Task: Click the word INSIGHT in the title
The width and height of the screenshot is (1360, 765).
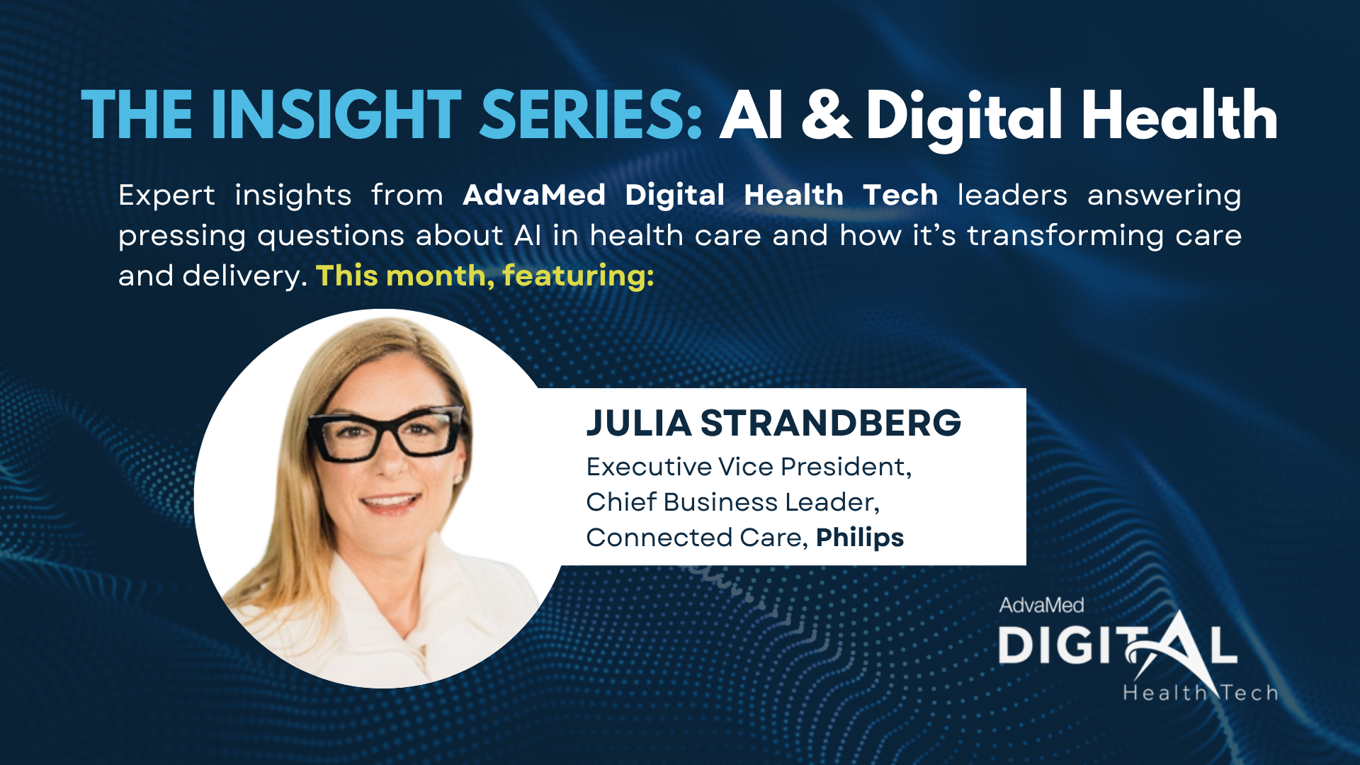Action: point(336,115)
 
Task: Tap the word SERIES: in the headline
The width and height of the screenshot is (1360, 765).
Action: point(591,115)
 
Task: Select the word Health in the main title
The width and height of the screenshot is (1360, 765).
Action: point(1179,115)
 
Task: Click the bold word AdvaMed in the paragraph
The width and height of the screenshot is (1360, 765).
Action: point(534,195)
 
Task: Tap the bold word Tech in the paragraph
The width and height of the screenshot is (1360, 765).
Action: point(900,195)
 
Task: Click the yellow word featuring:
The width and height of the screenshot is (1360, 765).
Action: point(578,276)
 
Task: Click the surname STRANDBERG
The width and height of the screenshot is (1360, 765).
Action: point(831,423)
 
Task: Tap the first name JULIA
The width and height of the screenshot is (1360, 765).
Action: point(638,423)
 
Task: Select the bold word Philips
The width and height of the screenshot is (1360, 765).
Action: point(860,538)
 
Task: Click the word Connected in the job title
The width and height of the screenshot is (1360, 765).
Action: point(659,538)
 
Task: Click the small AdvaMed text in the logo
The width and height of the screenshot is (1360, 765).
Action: point(1041,605)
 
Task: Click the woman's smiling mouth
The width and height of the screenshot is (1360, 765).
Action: point(390,504)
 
